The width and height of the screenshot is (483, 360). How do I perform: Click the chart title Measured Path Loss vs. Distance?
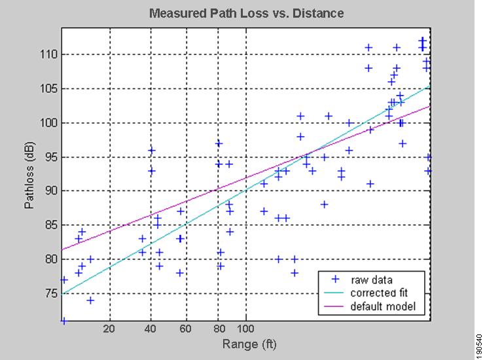click(246, 13)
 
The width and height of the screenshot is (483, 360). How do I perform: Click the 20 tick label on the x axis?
click(109, 329)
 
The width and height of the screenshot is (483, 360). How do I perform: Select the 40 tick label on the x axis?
click(151, 329)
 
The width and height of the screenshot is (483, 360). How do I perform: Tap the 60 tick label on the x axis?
click(187, 329)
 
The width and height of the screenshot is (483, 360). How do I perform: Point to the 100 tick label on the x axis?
click(245, 329)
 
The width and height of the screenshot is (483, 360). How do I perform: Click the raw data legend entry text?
click(371, 280)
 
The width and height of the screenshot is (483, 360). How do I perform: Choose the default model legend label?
click(382, 306)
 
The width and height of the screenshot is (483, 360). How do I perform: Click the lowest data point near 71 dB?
click(63, 321)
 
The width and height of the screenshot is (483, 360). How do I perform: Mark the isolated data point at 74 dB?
click(90, 300)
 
